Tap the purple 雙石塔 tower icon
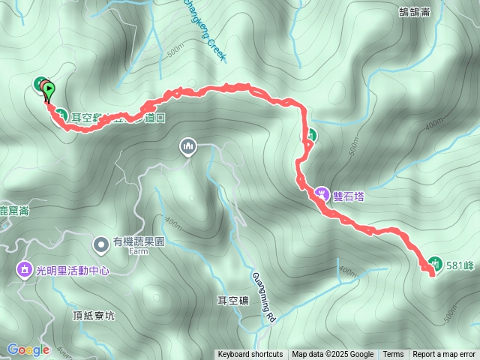pyautogui.click(x=322, y=193)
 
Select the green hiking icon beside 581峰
pyautogui.click(x=434, y=262)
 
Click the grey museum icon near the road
pyautogui.click(x=187, y=146)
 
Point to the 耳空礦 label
pyautogui.click(x=232, y=301)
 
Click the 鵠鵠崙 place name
pyautogui.click(x=415, y=10)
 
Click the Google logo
pyautogui.click(x=28, y=349)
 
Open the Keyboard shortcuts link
pyautogui.click(x=250, y=355)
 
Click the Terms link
pyautogui.click(x=393, y=355)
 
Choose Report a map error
pyautogui.click(x=444, y=355)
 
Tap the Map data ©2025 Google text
pyautogui.click(x=333, y=355)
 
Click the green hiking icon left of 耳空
pyautogui.click(x=61, y=115)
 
